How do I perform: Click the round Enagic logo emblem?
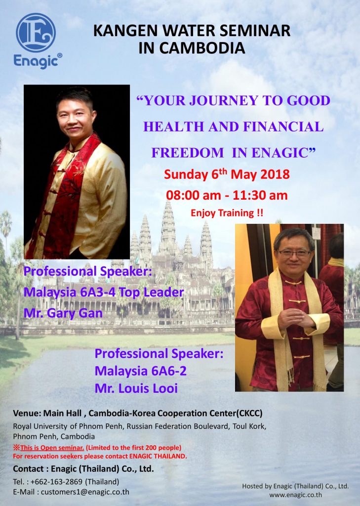tap(36, 32)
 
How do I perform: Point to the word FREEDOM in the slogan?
tap(188, 153)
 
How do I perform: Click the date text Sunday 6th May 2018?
tap(227, 174)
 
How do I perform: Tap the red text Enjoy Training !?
tap(227, 213)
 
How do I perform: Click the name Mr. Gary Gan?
tap(63, 313)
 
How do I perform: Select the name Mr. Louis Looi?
tap(136, 388)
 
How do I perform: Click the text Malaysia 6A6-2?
tap(141, 371)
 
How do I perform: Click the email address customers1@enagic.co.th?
tap(85, 492)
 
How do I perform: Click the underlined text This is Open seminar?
tap(52, 448)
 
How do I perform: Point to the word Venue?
tap(27, 413)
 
